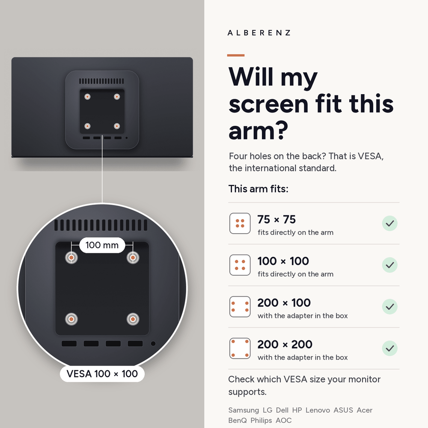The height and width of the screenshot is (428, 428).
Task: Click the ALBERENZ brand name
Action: (259, 33)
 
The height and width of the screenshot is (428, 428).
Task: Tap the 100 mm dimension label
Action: (102, 245)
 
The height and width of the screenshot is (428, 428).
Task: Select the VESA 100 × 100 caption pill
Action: (102, 374)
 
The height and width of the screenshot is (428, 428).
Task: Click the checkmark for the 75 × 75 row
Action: (389, 223)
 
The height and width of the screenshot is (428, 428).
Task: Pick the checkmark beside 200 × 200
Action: (389, 348)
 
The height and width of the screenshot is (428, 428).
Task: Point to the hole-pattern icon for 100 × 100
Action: (240, 265)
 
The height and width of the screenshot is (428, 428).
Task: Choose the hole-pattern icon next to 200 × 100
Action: (240, 306)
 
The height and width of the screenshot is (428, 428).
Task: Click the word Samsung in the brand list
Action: (244, 410)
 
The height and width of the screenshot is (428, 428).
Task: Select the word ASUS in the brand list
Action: (343, 410)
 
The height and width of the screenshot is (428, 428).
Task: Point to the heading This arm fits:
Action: (258, 189)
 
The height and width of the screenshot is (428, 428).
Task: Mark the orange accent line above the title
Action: (236, 55)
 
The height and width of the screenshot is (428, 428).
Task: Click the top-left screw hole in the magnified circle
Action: (71, 257)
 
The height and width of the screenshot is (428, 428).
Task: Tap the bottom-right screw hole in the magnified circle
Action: (133, 319)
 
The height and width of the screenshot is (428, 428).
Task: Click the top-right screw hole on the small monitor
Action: (117, 97)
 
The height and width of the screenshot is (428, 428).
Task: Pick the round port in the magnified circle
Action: (153, 344)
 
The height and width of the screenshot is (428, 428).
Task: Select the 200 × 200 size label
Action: (285, 345)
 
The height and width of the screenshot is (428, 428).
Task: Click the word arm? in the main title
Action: (258, 131)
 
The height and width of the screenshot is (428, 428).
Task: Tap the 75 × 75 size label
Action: (276, 220)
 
